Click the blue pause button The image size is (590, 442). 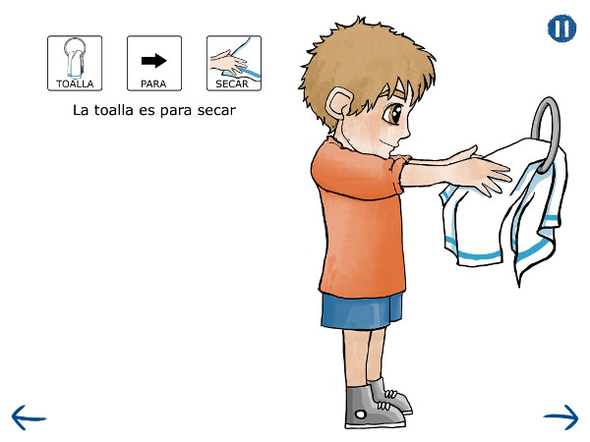click(x=561, y=28)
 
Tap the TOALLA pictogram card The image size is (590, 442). click(x=75, y=63)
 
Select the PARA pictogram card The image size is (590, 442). click(x=154, y=63)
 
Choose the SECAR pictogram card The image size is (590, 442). click(x=234, y=63)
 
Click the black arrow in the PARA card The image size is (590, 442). click(x=154, y=61)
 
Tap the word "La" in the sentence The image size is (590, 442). click(x=81, y=110)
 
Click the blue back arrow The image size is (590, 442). click(x=29, y=417)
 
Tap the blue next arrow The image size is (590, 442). click(x=561, y=417)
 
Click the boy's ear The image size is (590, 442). click(x=338, y=103)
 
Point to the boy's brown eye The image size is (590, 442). click(x=393, y=112)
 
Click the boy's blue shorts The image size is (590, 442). click(x=361, y=311)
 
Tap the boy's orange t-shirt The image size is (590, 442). click(x=358, y=218)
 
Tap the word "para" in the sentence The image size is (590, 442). click(x=176, y=111)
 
